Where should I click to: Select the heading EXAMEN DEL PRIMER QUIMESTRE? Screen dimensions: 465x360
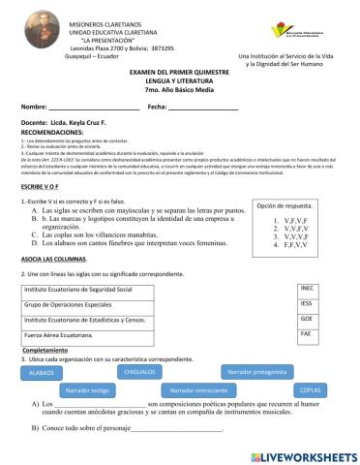pyautogui.click(x=179, y=72)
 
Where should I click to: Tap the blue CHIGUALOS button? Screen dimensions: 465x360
pyautogui.click(x=141, y=371)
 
